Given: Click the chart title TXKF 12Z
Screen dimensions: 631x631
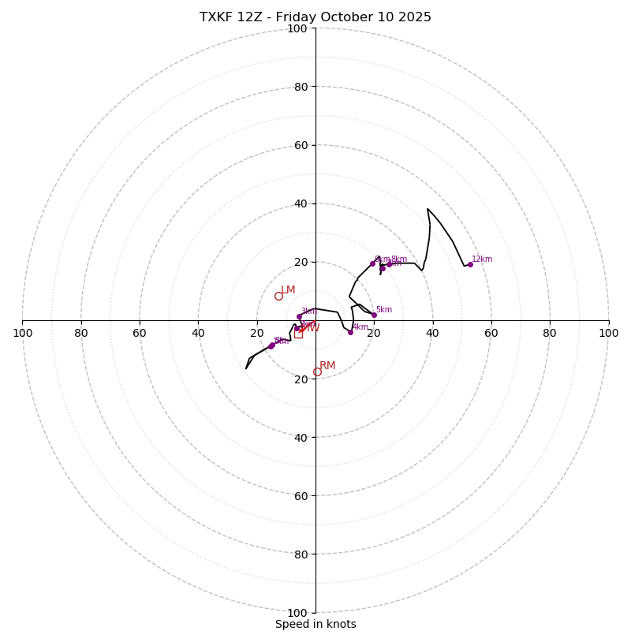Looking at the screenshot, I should pyautogui.click(x=315, y=17).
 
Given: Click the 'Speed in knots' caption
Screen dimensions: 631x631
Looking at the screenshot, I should pyautogui.click(x=315, y=624).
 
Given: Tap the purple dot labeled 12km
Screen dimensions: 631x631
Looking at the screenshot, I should pyautogui.click(x=470, y=264).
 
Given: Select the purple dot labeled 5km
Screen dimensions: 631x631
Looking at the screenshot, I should pyautogui.click(x=374, y=315).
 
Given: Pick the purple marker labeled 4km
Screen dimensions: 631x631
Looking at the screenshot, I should pyautogui.click(x=350, y=332).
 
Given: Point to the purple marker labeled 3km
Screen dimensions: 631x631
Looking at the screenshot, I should pyautogui.click(x=299, y=316).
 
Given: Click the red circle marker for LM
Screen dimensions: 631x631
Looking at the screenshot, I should pyautogui.click(x=278, y=296).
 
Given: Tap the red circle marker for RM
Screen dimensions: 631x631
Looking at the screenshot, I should pyautogui.click(x=317, y=372).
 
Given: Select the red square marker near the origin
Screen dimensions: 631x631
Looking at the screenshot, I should pyautogui.click(x=298, y=334).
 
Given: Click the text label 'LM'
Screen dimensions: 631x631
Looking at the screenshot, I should pyautogui.click(x=288, y=289).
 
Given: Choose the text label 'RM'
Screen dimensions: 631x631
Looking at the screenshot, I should pyautogui.click(x=327, y=365).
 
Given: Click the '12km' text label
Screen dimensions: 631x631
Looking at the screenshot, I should pyautogui.click(x=482, y=259).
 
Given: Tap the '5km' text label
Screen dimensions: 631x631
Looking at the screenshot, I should pyautogui.click(x=383, y=309).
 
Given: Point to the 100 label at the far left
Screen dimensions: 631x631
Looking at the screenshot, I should pyautogui.click(x=22, y=333).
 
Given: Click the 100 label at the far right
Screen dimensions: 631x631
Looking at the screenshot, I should pyautogui.click(x=609, y=333).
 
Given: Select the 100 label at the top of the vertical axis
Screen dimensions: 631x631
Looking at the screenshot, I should pyautogui.click(x=297, y=28).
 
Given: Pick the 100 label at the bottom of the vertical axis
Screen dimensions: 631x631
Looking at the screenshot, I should pyautogui.click(x=297, y=612).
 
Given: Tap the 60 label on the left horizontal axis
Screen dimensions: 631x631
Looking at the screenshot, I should pyautogui.click(x=140, y=333).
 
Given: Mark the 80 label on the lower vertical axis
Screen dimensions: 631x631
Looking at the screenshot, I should pyautogui.click(x=301, y=554).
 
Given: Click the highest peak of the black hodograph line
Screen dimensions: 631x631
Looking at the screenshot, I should pyautogui.click(x=428, y=209).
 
